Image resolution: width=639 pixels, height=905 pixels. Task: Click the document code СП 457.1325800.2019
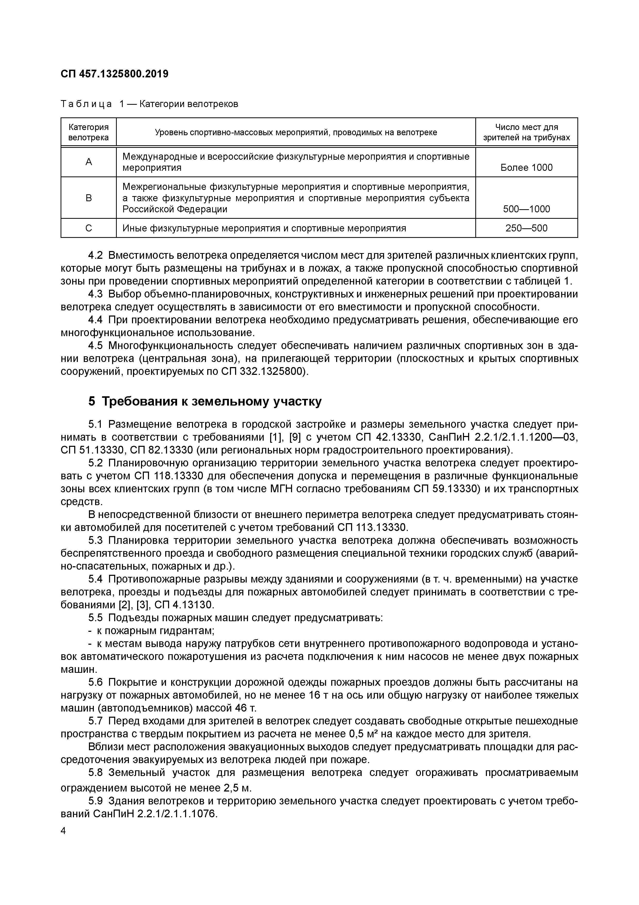[114, 74]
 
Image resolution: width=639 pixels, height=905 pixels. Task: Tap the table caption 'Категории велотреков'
[189, 104]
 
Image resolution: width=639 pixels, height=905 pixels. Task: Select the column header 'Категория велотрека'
[89, 132]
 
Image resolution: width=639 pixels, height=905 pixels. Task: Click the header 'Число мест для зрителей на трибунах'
[526, 132]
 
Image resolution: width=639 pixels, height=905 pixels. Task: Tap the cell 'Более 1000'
[526, 167]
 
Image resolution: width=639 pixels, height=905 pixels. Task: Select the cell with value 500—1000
[526, 209]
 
